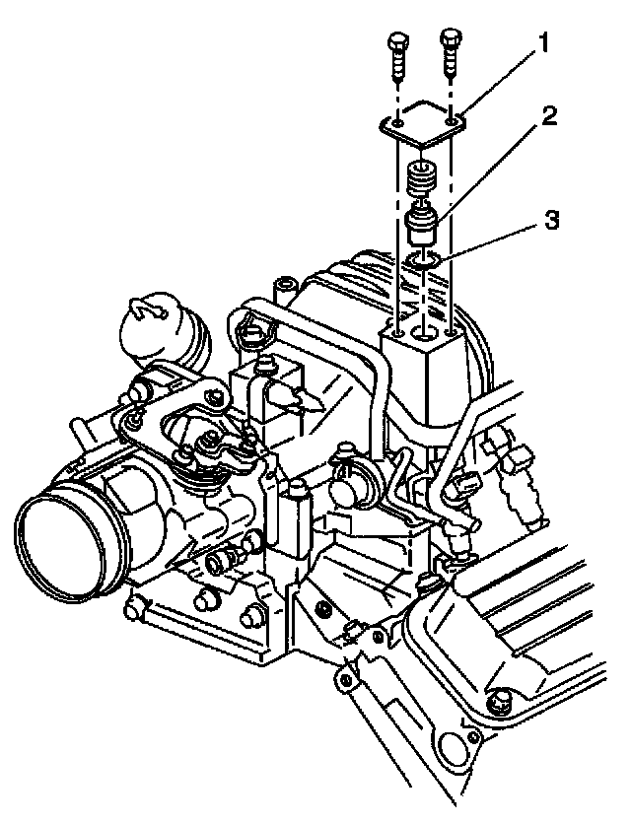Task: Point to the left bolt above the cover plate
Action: point(398,58)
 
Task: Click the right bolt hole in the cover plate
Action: point(453,121)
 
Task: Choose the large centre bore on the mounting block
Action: point(425,334)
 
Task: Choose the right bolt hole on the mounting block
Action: point(452,332)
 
